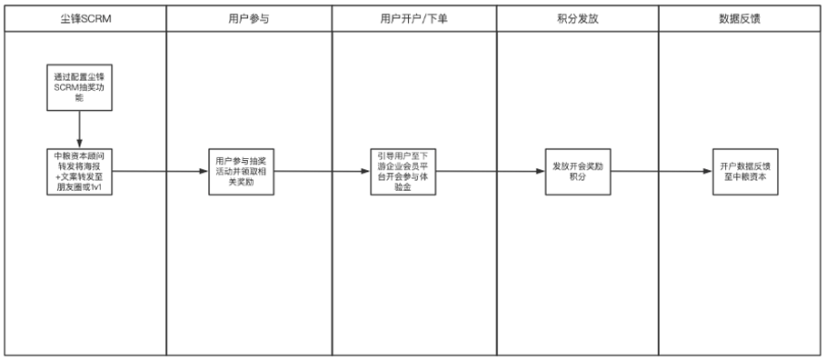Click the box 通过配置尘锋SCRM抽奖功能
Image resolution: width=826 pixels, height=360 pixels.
point(80,87)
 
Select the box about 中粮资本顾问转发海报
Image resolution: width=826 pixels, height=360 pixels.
point(80,170)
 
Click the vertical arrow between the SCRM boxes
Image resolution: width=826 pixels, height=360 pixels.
point(80,127)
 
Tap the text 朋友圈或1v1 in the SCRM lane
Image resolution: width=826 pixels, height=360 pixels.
point(80,187)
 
